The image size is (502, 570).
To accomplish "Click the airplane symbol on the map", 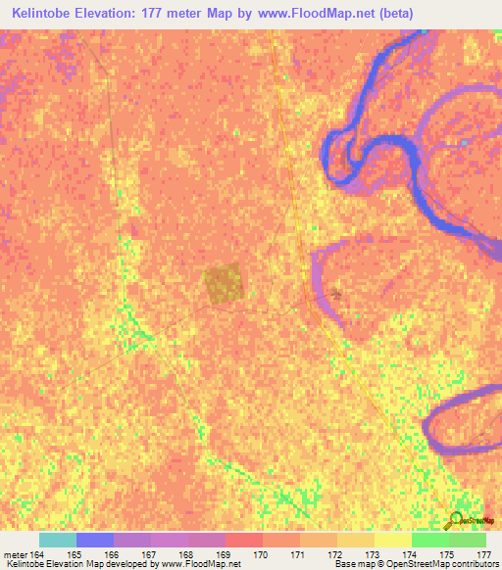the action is [338, 293].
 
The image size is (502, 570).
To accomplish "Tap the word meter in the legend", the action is [17, 555].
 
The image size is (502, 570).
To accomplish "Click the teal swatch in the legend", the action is [58, 540].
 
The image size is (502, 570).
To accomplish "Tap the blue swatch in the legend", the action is [95, 540].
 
